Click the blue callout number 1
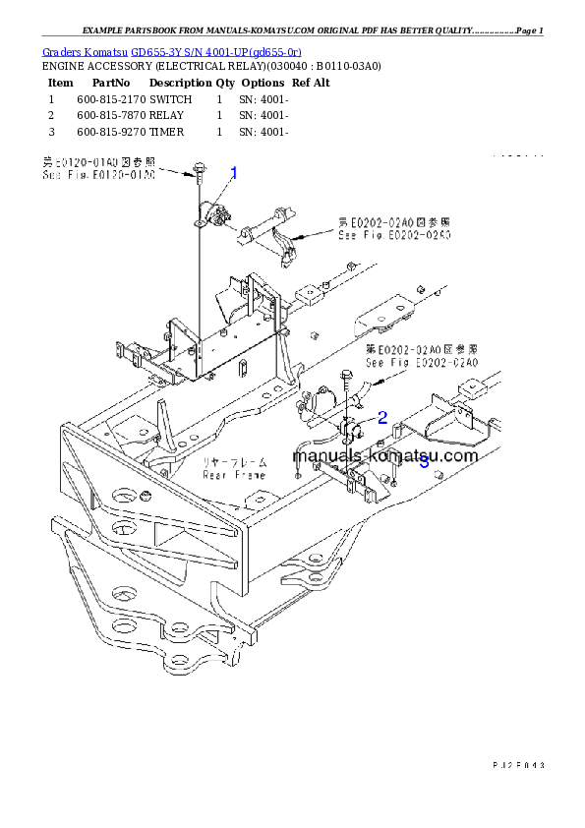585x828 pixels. coord(234,174)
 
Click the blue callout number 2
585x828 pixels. coord(382,417)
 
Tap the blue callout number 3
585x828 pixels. coord(423,463)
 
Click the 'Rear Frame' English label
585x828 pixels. coord(234,474)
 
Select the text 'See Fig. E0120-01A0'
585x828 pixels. coord(98,175)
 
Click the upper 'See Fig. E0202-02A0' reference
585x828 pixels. coord(394,236)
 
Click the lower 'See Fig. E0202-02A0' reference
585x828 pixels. coord(421,363)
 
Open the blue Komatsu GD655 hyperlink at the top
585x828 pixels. coord(172,50)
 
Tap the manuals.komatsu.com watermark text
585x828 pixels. coord(384,455)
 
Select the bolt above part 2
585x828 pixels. coord(346,376)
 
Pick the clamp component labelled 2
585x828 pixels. coord(351,431)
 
